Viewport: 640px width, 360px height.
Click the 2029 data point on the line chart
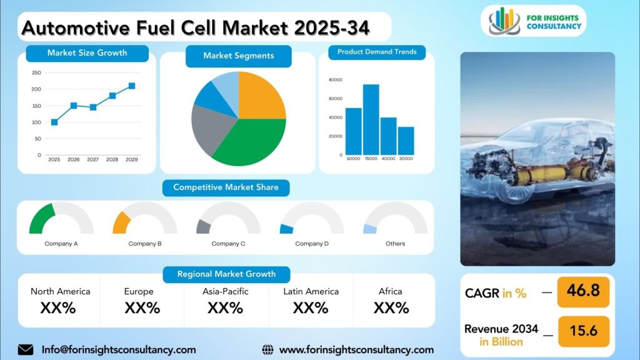click(x=132, y=86)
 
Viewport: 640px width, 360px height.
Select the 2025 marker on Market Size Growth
click(x=54, y=122)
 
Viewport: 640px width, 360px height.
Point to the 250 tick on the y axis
click(x=36, y=72)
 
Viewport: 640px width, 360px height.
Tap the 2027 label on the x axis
click(x=92, y=159)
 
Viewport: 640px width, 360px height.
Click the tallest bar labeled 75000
click(x=371, y=119)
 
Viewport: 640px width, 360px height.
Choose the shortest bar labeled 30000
click(x=406, y=141)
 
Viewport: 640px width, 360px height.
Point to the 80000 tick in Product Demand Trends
click(x=336, y=80)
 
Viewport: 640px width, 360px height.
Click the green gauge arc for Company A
click(x=41, y=217)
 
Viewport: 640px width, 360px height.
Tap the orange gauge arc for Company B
click(x=122, y=223)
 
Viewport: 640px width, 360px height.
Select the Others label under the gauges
click(x=396, y=244)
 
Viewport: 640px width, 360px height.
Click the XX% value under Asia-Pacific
click(x=225, y=307)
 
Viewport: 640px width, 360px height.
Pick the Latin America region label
click(x=311, y=291)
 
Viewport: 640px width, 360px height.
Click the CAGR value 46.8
click(x=583, y=291)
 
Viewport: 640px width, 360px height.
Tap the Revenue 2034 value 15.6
click(x=584, y=331)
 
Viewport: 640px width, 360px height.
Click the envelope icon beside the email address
click(x=26, y=350)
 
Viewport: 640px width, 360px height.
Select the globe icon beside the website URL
click(x=267, y=350)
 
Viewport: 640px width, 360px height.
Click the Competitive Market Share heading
click(x=226, y=187)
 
